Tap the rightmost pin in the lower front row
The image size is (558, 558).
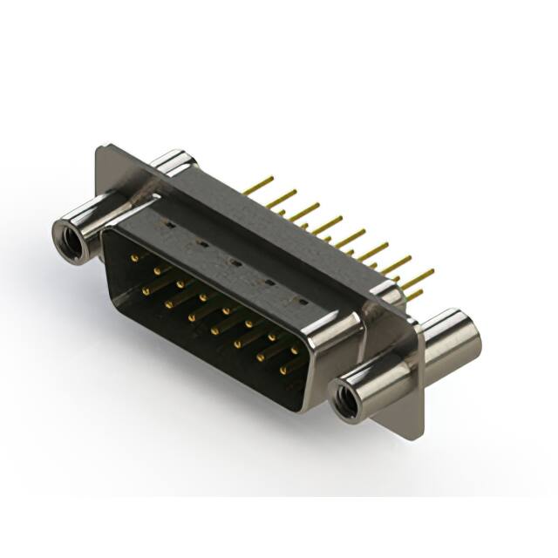click(283, 371)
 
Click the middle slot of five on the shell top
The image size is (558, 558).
click(234, 261)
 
